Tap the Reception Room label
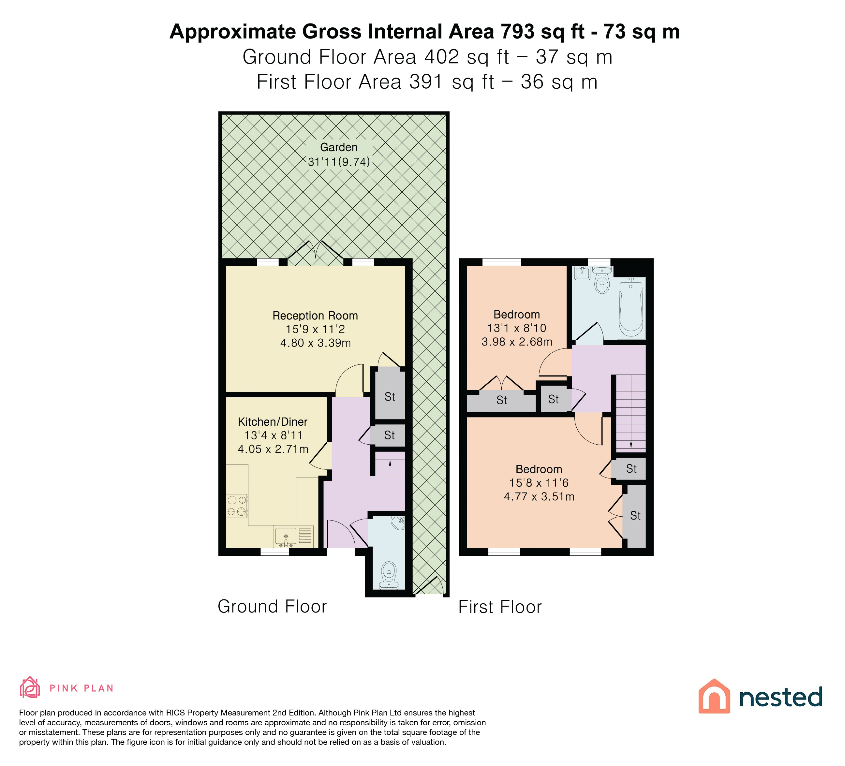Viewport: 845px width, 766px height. tap(315, 316)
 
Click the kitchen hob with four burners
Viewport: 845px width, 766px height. tap(237, 506)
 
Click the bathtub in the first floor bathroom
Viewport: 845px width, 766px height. tap(630, 308)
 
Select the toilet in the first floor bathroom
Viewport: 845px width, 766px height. tap(602, 280)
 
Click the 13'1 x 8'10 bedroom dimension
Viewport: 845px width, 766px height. tap(517, 328)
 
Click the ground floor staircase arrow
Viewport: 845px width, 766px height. tap(390, 468)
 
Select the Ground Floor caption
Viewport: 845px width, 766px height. tap(272, 607)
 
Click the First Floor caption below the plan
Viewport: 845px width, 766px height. tap(500, 607)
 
